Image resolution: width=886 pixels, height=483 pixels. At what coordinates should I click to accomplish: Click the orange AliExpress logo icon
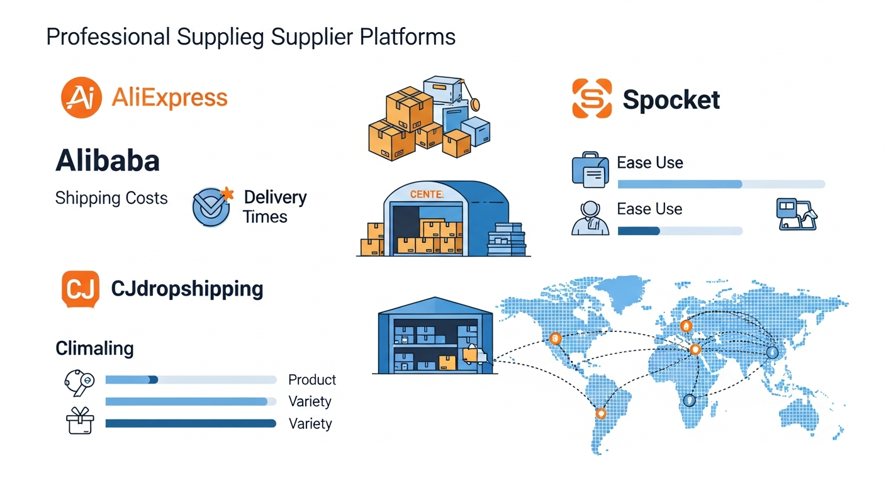tap(81, 97)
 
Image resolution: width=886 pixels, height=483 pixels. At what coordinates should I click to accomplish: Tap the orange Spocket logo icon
tap(592, 99)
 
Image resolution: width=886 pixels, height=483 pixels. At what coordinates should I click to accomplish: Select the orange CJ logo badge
tap(81, 289)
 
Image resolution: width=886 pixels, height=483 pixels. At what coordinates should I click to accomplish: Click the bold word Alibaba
tap(108, 161)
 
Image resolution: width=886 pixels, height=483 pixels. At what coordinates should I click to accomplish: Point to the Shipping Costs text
tap(111, 198)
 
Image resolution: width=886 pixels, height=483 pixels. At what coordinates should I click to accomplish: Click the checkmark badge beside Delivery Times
tap(211, 206)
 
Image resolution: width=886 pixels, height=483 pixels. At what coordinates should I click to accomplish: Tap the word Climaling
tap(94, 348)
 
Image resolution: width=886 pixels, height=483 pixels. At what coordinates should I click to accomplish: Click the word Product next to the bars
tap(312, 380)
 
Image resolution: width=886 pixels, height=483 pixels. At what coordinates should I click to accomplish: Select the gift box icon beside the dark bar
tap(80, 421)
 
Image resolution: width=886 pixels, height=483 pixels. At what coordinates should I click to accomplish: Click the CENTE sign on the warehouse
tap(426, 194)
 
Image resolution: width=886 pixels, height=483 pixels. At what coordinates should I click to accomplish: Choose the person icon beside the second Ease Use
tap(590, 218)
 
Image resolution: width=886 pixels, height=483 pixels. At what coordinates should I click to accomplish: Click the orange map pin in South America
tap(600, 413)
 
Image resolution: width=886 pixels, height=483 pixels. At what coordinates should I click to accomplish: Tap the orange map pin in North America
tap(555, 337)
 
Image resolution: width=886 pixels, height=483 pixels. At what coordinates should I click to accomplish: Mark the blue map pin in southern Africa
tap(690, 399)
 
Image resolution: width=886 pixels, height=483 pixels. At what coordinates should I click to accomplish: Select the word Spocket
tap(671, 99)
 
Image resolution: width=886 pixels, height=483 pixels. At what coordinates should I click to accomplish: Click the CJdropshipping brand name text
tap(187, 289)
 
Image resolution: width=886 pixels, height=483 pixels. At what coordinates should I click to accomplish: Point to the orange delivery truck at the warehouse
tap(473, 355)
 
